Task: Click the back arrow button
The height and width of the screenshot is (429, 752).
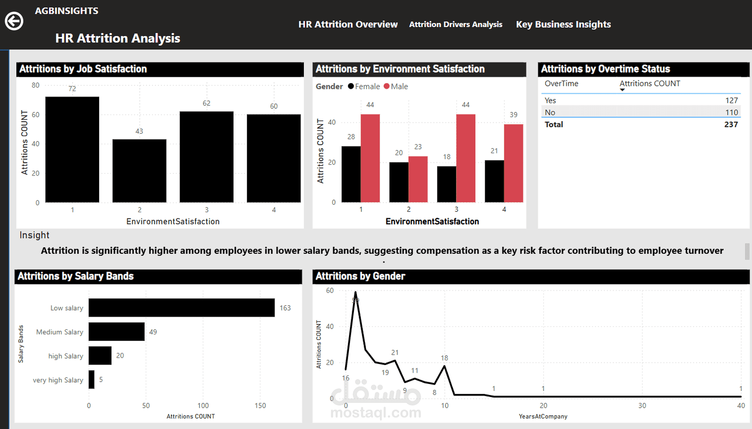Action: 14,21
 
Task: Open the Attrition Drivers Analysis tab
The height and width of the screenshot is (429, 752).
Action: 456,24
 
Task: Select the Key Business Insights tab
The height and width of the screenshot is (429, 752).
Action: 563,24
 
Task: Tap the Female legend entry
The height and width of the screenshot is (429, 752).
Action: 364,86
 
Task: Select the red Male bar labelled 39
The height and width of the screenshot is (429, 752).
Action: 513,163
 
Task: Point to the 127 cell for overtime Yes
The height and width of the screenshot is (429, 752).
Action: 731,100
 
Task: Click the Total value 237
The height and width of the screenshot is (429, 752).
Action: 731,124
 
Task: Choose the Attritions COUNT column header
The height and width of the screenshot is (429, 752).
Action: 649,84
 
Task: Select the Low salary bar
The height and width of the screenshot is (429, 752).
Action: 181,308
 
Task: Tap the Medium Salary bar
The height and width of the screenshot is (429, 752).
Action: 116,332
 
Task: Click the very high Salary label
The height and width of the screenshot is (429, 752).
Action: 58,380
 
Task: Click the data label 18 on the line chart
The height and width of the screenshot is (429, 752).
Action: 444,358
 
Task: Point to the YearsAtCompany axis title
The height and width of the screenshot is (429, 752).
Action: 543,416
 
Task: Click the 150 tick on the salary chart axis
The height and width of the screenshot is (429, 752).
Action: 260,406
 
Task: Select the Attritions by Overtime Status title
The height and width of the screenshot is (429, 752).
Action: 605,69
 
